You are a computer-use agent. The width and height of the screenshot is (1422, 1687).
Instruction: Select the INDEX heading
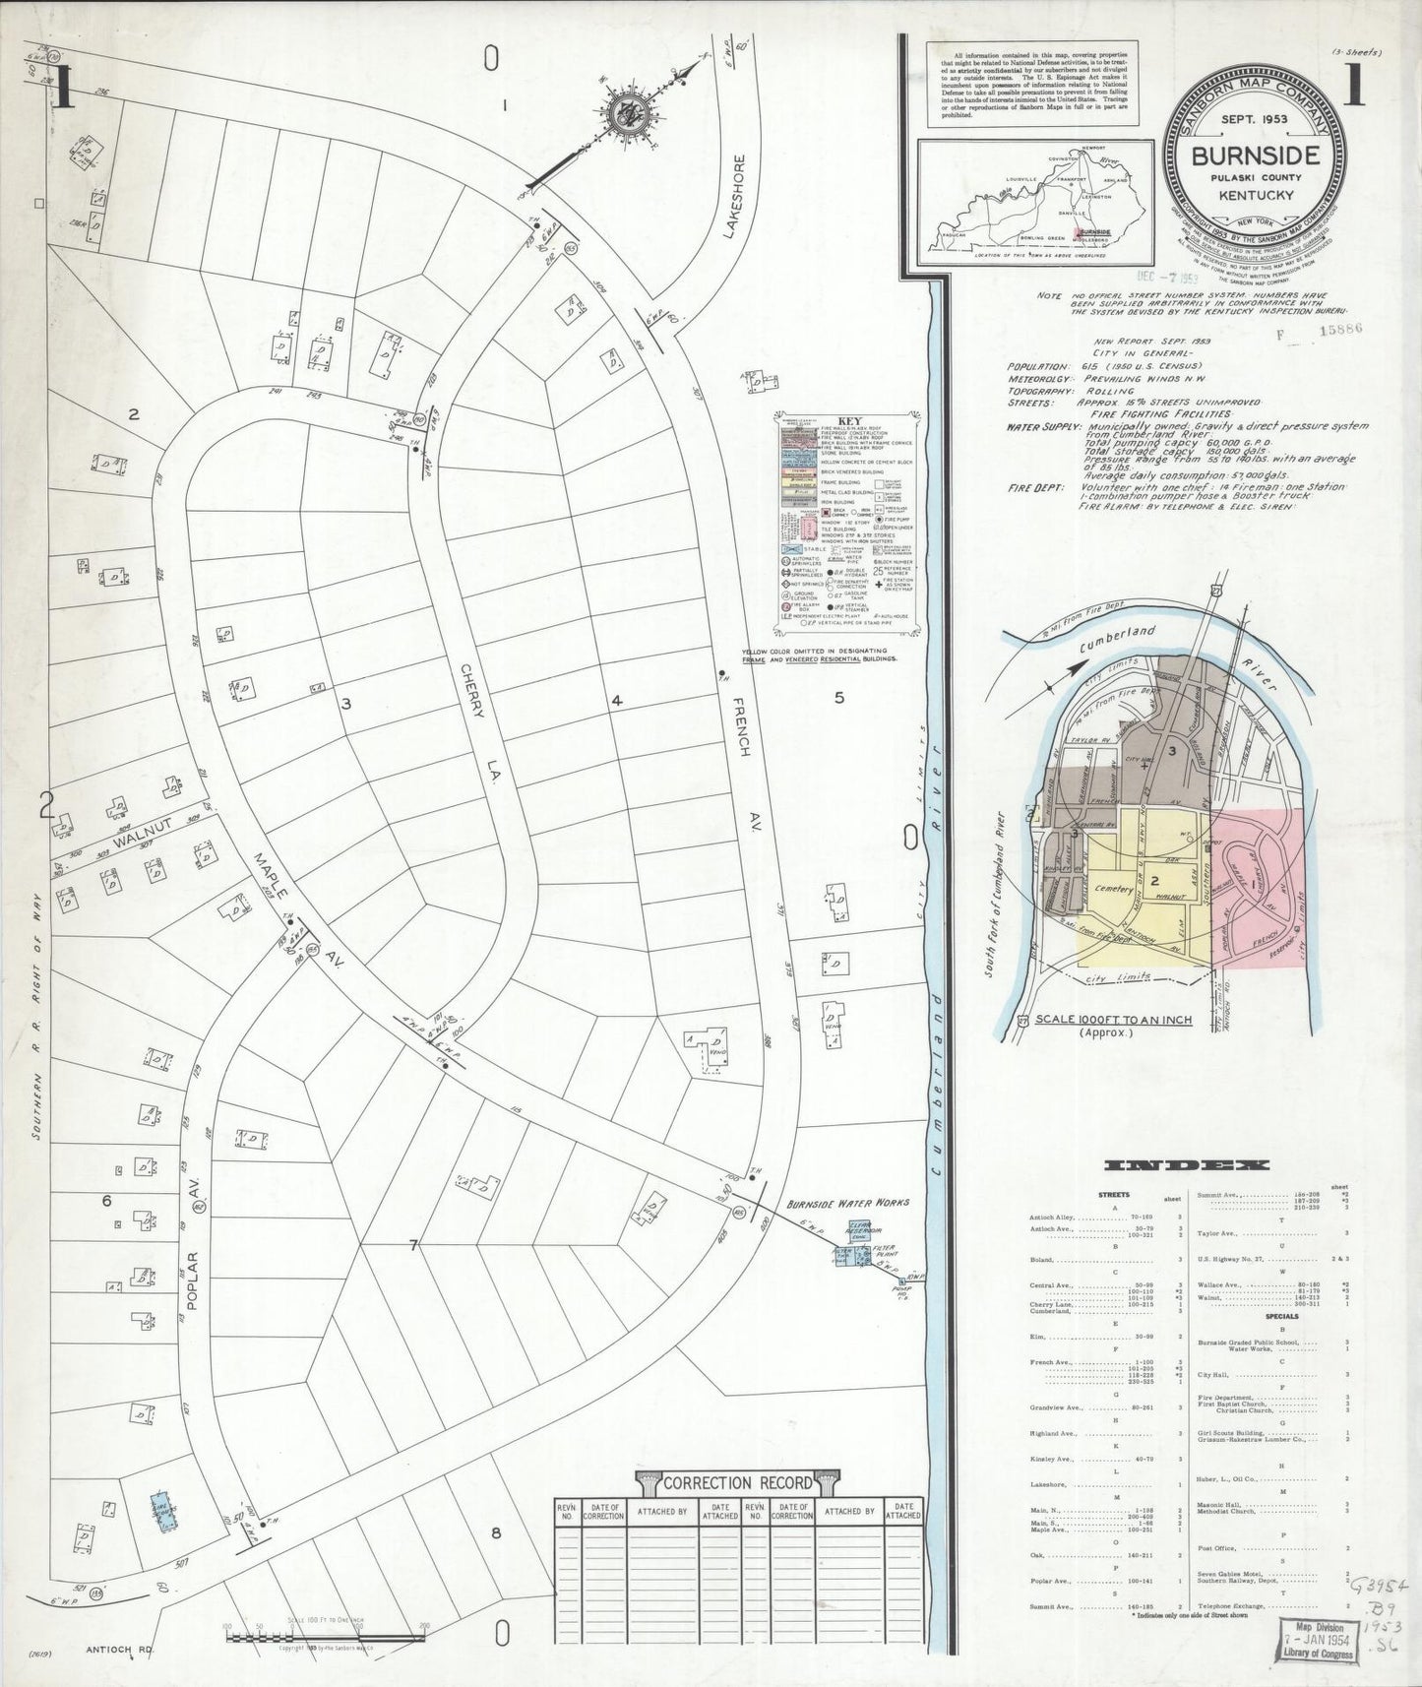1187,1165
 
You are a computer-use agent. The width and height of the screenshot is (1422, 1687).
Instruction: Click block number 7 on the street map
414,1246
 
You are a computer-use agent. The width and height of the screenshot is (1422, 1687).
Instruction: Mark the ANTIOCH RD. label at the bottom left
117,1650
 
